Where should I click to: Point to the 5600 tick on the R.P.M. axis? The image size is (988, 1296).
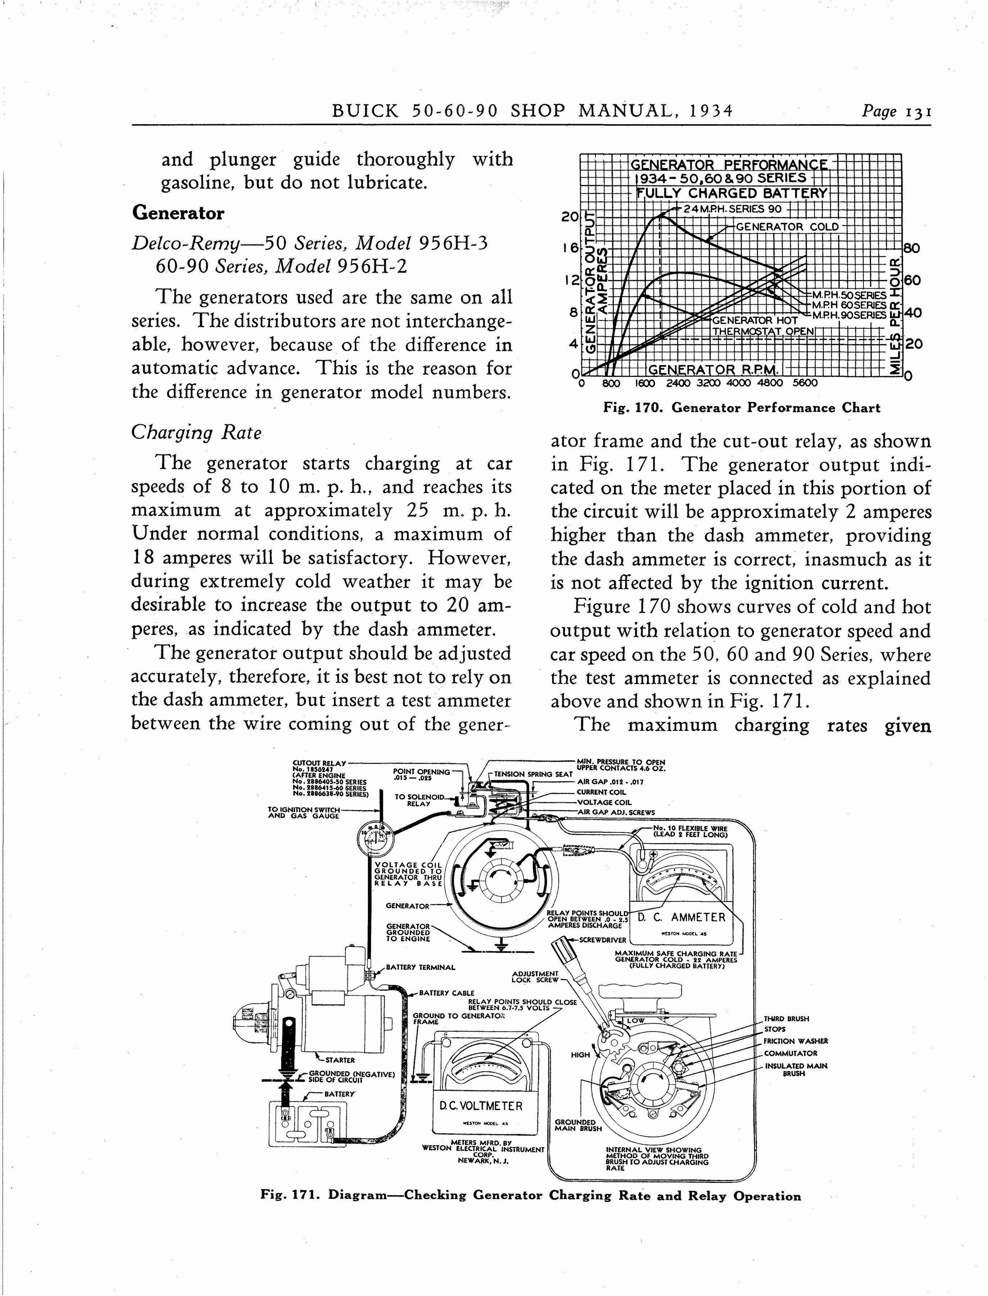coord(805,383)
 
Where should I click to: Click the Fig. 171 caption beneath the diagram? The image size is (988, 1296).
coord(531,1196)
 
